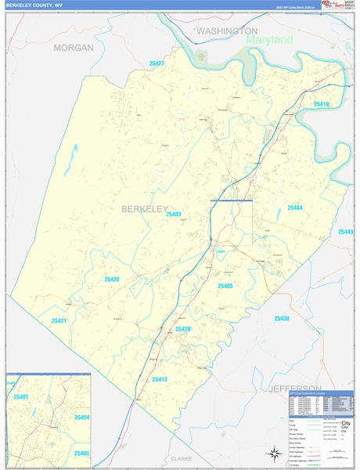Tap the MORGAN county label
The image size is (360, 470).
(74, 48)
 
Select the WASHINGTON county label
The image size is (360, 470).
(227, 31)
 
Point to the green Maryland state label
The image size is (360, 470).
(268, 39)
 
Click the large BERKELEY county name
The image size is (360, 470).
(145, 209)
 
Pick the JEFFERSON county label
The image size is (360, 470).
(294, 389)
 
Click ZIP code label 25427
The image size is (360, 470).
(157, 63)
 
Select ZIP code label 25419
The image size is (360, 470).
(321, 104)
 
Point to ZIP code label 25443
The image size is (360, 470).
(346, 232)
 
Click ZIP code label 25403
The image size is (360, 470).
(173, 214)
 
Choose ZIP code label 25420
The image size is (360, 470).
(112, 279)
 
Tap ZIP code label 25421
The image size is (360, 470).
(59, 320)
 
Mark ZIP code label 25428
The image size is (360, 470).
(182, 329)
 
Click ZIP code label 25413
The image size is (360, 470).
(160, 379)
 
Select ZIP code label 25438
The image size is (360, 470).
(282, 319)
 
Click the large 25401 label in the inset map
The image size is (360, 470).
(20, 398)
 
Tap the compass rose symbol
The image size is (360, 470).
(274, 452)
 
